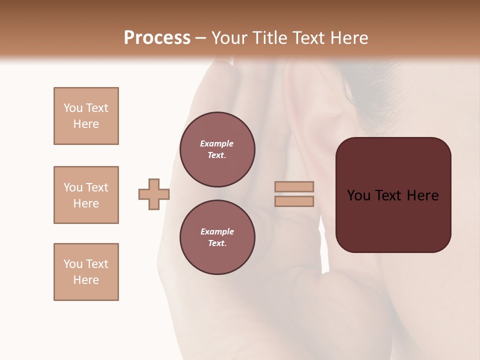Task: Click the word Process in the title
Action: point(157,38)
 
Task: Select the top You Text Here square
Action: point(86,116)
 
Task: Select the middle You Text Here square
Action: point(86,195)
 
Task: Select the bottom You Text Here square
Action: point(86,272)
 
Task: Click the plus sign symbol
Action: point(154,194)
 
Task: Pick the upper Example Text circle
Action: point(217,149)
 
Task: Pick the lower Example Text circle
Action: point(217,237)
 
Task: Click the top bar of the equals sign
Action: point(294,186)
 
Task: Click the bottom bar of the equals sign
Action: point(294,201)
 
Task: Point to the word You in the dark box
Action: point(358,195)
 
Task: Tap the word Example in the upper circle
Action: point(217,143)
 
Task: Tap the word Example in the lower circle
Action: point(217,231)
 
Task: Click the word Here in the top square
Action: point(86,124)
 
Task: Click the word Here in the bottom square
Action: point(86,280)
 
